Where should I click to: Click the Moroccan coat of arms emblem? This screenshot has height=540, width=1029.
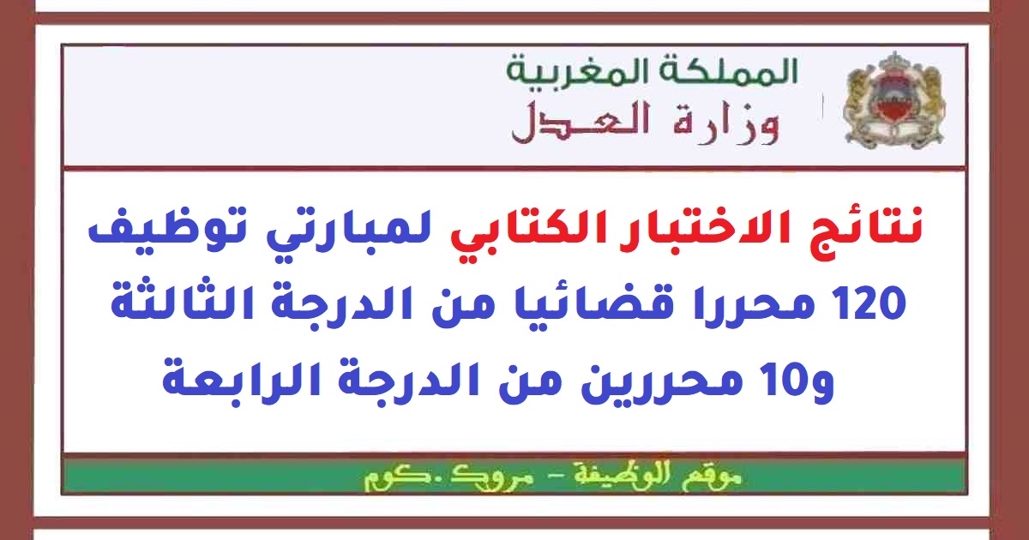(894, 100)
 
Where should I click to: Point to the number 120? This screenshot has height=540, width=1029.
(870, 303)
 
